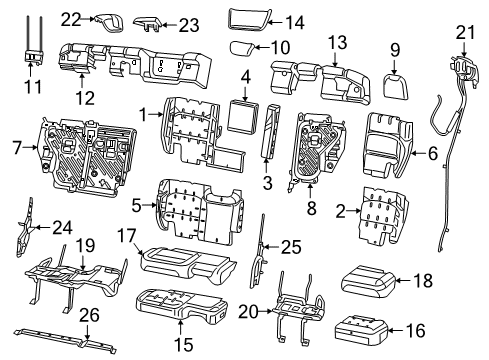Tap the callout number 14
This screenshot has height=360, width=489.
[292, 22]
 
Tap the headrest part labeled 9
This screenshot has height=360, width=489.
[394, 68]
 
